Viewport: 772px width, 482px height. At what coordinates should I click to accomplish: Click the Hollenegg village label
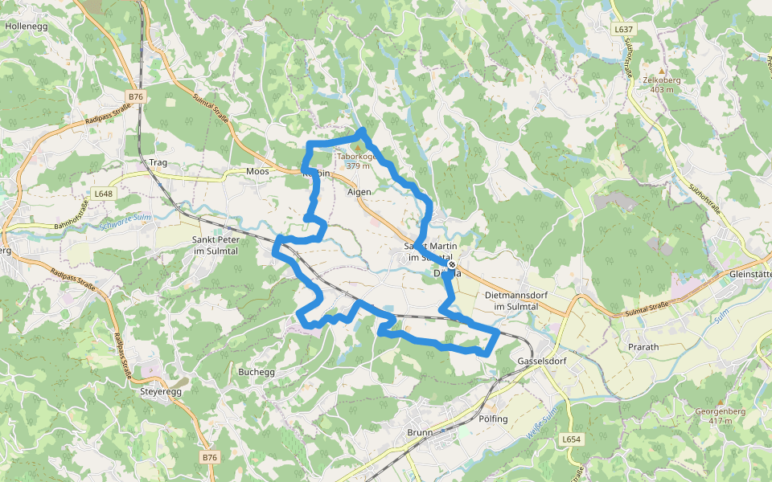[x=26, y=26]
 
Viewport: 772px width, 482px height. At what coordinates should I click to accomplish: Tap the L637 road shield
[x=623, y=30]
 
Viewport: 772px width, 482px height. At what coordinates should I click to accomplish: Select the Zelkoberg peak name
[x=662, y=80]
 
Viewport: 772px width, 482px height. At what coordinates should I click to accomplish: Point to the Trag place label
[x=158, y=163]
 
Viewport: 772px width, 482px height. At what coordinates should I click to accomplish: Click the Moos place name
[x=257, y=172]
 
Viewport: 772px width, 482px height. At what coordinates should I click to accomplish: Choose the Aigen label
[x=359, y=192]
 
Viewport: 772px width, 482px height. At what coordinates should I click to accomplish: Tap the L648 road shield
[x=103, y=194]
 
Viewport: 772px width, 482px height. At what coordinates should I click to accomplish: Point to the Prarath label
[x=643, y=347]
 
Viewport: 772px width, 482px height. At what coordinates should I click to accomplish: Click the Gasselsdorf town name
[x=537, y=361]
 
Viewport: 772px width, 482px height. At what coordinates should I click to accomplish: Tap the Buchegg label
[x=257, y=372]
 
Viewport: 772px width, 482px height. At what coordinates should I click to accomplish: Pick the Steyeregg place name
[x=161, y=391]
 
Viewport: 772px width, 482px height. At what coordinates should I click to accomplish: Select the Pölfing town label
[x=493, y=419]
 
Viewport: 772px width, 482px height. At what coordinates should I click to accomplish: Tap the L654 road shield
[x=570, y=439]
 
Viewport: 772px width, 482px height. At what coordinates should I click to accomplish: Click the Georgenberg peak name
[x=720, y=411]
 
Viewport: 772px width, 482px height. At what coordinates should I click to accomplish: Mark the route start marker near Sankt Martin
[x=452, y=264]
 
